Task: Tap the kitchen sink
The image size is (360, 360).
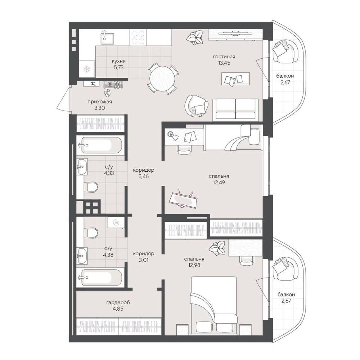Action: (107, 37)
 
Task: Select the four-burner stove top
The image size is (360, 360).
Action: (138, 37)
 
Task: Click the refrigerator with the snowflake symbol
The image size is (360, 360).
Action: (87, 69)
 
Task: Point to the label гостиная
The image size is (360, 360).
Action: (224, 57)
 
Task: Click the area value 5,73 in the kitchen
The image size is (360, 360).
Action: (118, 67)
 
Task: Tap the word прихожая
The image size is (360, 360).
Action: (100, 102)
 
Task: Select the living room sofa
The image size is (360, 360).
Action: (235, 110)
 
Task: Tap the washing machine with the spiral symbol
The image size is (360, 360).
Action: (116, 222)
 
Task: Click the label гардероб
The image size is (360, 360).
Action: (118, 303)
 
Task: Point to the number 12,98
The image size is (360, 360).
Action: (194, 265)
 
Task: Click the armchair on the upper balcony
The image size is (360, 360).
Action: (285, 51)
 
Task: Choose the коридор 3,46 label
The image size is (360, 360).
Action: (144, 174)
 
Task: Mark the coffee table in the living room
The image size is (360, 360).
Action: (235, 79)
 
